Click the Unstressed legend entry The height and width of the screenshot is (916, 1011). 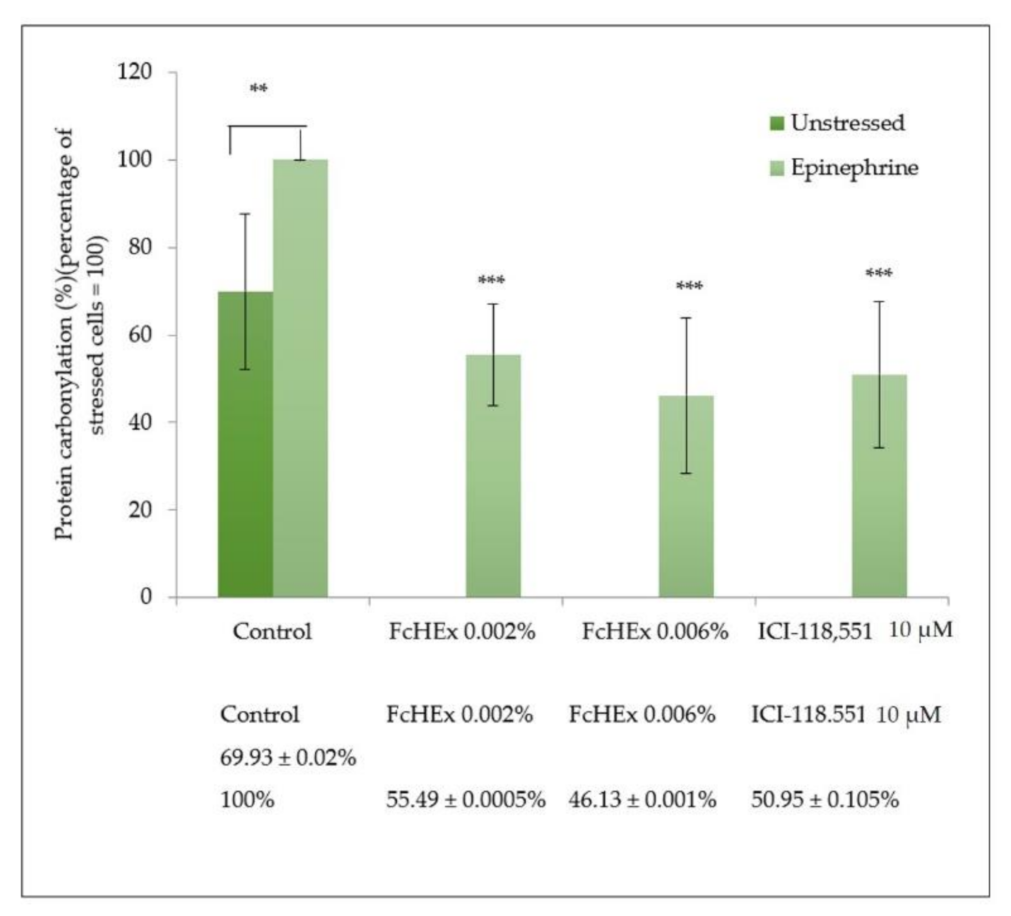(x=837, y=123)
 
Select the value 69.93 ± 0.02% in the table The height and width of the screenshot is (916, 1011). (x=288, y=758)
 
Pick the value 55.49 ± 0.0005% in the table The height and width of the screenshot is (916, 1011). (x=465, y=800)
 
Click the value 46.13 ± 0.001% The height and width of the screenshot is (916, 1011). (x=642, y=800)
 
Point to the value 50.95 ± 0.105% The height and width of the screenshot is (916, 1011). (x=824, y=800)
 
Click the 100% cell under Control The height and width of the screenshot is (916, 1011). (x=247, y=800)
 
